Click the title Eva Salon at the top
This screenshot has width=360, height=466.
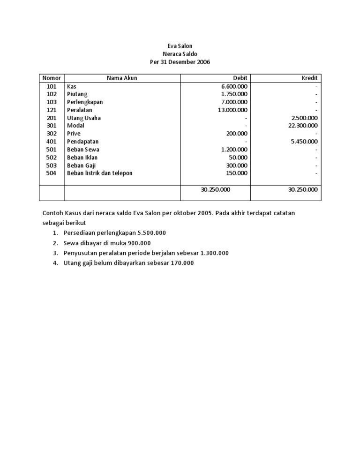click(180, 46)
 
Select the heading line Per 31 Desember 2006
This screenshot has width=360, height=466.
click(180, 62)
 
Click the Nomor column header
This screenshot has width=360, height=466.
click(52, 78)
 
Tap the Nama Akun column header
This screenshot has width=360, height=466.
click(122, 78)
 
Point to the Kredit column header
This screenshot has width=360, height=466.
click(309, 78)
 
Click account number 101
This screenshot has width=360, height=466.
click(52, 86)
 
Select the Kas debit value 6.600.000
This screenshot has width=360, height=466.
click(234, 86)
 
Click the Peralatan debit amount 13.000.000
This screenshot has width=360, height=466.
click(232, 110)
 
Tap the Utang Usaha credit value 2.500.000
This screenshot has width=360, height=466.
click(304, 118)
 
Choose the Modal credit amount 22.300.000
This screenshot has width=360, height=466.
click(303, 126)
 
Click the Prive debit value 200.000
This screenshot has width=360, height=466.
click(237, 134)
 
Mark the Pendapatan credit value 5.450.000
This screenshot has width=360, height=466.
click(304, 142)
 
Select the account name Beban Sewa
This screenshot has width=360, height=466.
click(83, 150)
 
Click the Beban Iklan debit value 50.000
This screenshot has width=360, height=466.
click(238, 158)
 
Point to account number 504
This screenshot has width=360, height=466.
click(52, 173)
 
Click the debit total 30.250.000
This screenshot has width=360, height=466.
click(215, 189)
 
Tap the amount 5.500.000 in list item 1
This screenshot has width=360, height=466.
click(149, 233)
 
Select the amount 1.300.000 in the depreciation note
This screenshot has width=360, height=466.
click(214, 253)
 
